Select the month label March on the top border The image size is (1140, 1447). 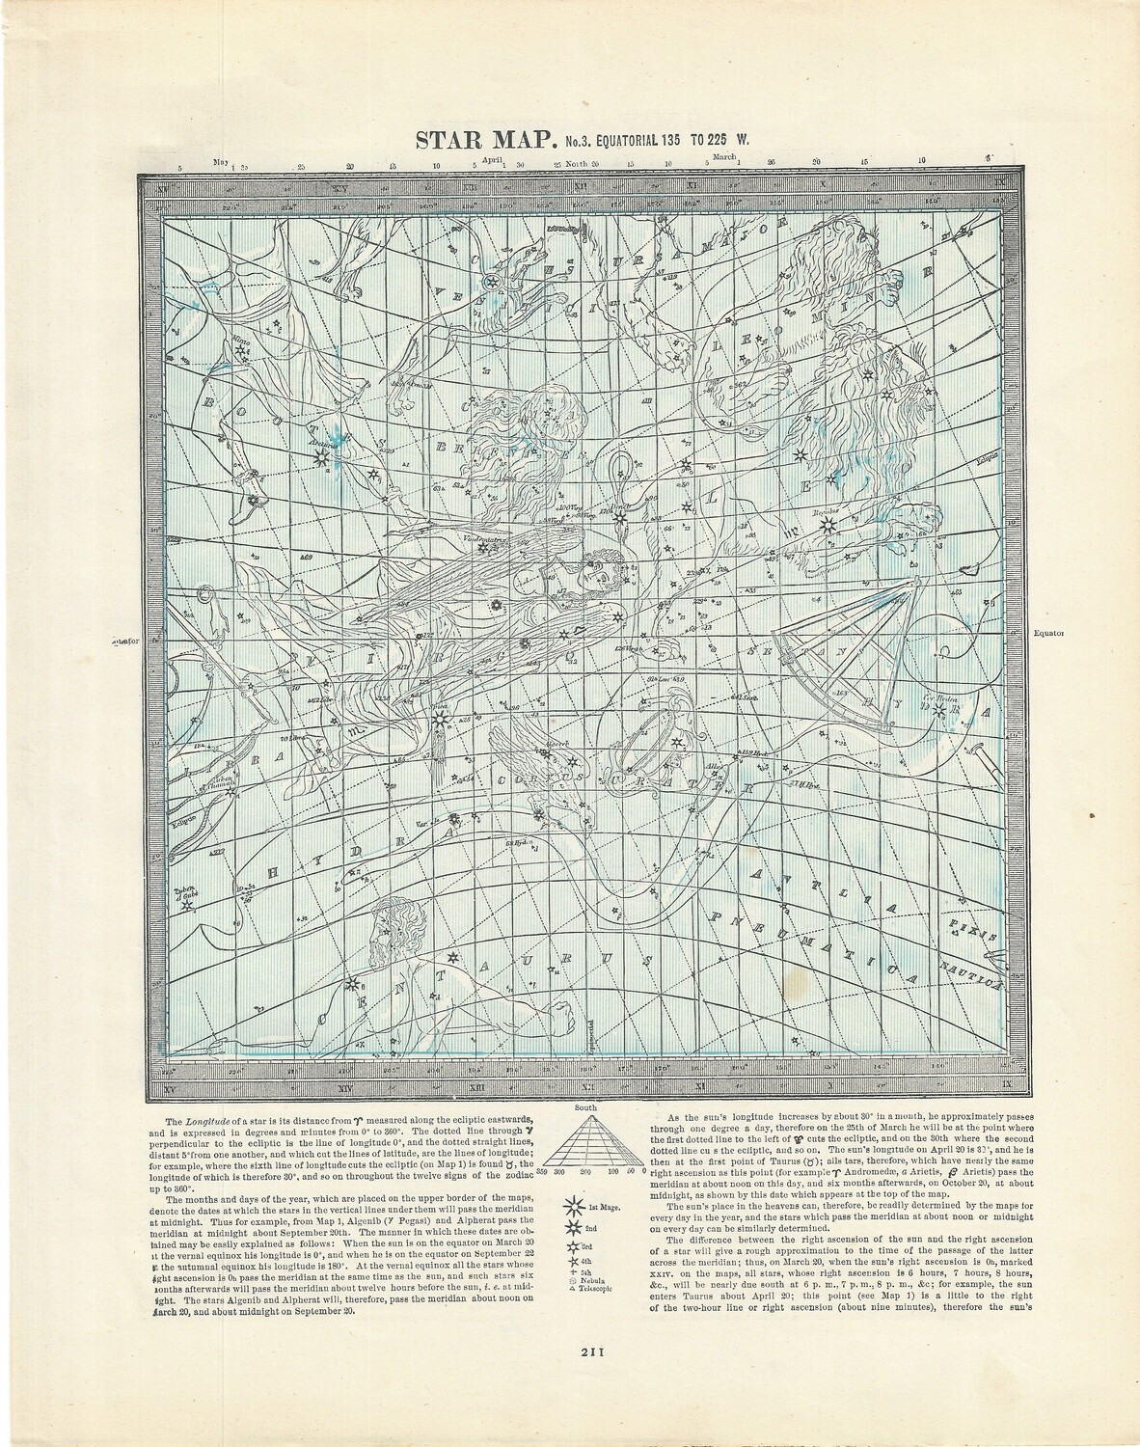[x=724, y=155]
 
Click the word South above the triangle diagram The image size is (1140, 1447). [x=585, y=1108]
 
